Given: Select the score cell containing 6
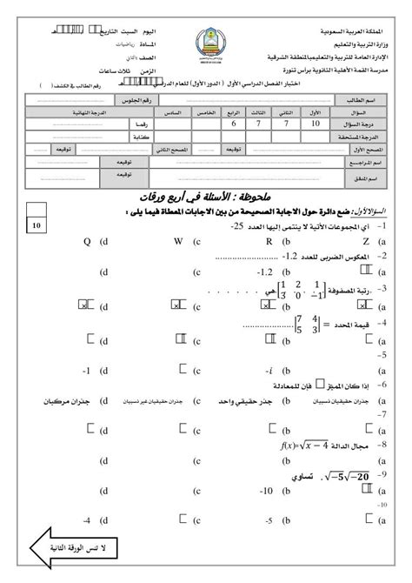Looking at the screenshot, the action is [x=233, y=125].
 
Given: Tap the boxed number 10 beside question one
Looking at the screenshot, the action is [x=37, y=225].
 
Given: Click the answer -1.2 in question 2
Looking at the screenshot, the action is [x=263, y=271].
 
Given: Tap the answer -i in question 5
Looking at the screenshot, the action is [x=270, y=369].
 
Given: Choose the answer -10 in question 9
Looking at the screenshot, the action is [x=267, y=492].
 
